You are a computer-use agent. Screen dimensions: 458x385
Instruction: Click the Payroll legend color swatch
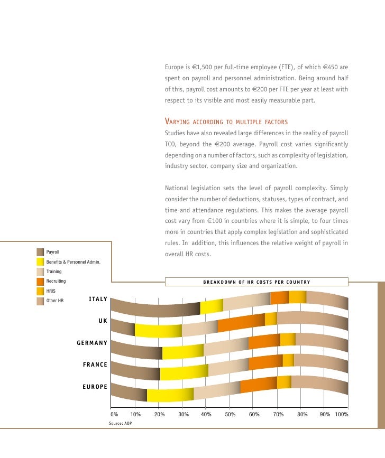pos(40,252)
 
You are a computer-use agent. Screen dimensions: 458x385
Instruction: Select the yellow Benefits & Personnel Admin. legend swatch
pos(40,261)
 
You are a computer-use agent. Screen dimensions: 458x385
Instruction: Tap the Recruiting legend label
pos(56,281)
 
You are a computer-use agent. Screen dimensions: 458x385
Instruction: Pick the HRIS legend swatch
pos(40,291)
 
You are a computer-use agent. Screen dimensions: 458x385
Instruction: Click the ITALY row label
pos(98,300)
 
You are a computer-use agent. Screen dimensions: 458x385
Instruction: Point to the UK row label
pos(103,321)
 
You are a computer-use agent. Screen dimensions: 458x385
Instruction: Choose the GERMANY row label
pos(92,343)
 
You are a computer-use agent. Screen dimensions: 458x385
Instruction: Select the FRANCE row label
pos(95,364)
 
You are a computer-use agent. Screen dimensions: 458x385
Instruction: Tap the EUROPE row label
pos(95,387)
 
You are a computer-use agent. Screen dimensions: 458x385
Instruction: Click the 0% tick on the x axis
pos(114,415)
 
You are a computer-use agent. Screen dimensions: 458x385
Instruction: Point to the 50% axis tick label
pos(230,415)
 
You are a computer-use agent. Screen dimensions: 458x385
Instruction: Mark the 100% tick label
pos(341,415)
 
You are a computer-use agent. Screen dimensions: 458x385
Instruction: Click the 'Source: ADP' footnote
pos(121,424)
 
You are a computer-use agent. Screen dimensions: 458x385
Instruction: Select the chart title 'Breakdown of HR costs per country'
pos(256,282)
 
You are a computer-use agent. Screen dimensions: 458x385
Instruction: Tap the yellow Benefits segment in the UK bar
pos(158,330)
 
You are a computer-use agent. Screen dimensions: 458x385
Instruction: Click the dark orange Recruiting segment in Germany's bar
pos(264,342)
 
